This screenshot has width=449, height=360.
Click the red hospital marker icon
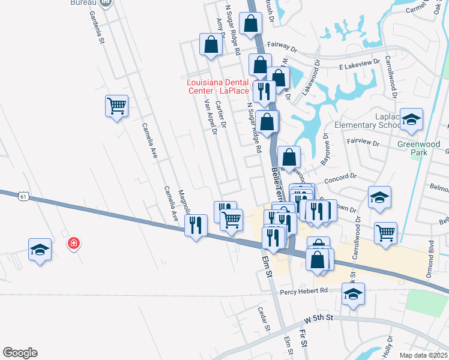[74, 244]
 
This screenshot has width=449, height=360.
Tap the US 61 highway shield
[23, 196]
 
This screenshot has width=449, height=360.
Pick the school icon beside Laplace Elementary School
[412, 119]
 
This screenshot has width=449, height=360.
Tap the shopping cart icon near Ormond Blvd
[385, 232]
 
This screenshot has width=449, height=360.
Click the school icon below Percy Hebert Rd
[353, 294]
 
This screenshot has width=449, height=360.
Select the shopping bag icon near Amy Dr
[211, 44]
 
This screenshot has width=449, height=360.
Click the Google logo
[20, 353]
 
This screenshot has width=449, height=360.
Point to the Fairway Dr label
[282, 46]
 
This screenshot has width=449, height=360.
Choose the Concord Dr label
[340, 178]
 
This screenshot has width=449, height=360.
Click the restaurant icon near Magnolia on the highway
[196, 225]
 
